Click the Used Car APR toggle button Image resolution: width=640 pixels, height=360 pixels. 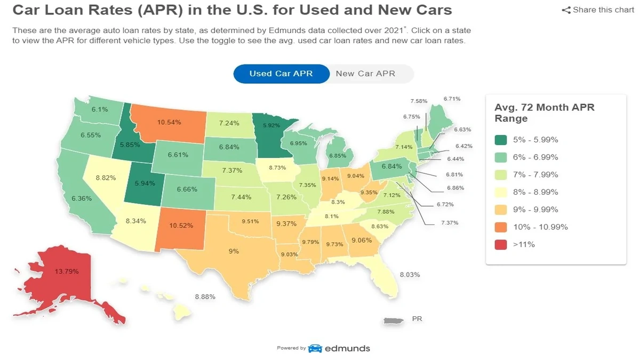pos(281,74)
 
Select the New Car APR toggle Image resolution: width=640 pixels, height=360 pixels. pos(365,74)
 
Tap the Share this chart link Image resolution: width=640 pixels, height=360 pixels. pos(598,10)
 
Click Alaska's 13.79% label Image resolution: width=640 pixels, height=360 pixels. pos(67,271)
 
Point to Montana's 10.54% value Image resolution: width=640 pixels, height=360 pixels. pos(169,122)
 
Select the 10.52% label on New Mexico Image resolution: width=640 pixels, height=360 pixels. pos(181,226)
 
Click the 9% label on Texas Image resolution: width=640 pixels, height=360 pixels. pos(234,251)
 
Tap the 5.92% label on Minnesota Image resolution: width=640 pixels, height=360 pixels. pos(271,126)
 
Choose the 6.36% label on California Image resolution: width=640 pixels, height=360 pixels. pos(82,198)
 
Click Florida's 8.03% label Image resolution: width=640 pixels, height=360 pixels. pos(410,275)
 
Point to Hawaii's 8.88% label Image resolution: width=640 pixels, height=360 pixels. pos(205,297)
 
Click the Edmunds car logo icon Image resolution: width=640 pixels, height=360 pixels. pos(315,348)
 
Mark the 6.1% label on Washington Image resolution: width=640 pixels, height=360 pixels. pos(100,109)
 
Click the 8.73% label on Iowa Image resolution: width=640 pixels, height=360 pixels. pos(278,167)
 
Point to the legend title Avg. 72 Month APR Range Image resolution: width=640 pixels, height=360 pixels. pos(544,113)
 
